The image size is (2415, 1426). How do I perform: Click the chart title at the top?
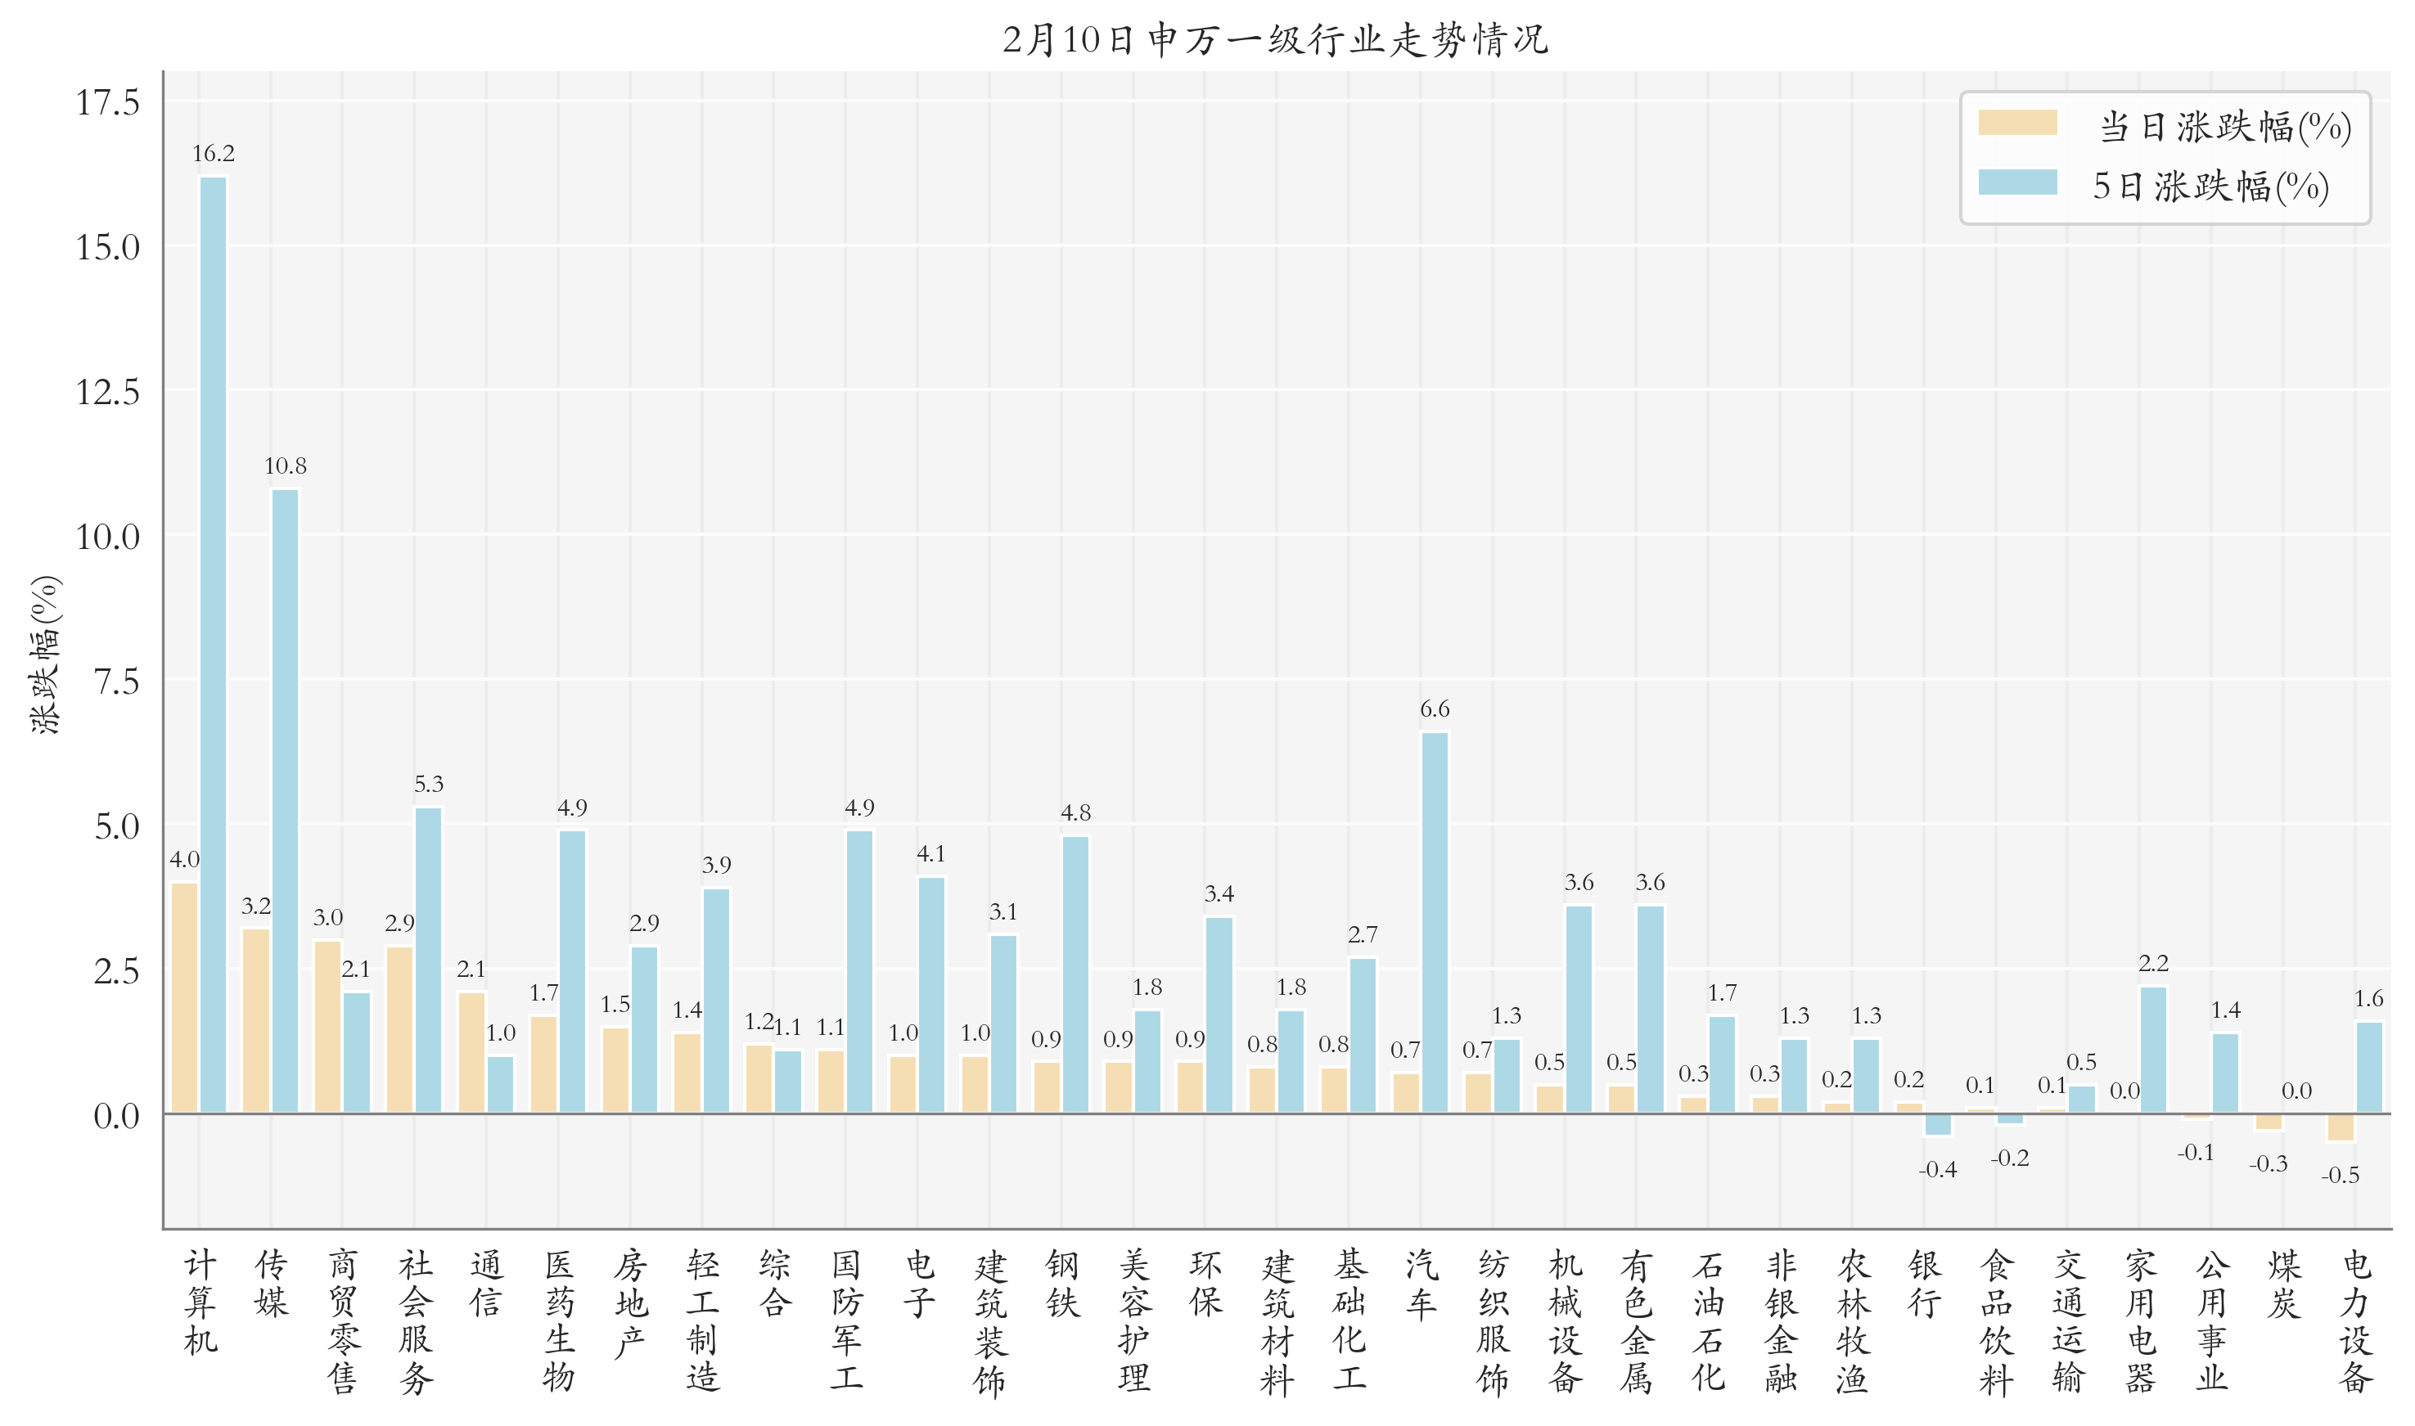tap(1274, 40)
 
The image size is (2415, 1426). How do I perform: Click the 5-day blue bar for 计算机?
tap(214, 644)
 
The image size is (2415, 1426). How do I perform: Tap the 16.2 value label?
tap(214, 154)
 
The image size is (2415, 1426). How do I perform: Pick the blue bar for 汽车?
tap(1434, 923)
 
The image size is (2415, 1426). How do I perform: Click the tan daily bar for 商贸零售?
tap(327, 1026)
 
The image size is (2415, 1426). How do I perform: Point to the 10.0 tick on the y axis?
tap(108, 538)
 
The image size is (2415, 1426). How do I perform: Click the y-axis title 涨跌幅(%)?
tap(45, 655)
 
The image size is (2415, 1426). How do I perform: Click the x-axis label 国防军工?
tap(847, 1321)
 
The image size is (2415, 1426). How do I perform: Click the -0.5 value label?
tap(2340, 1175)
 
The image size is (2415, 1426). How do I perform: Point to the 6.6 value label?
tap(1434, 709)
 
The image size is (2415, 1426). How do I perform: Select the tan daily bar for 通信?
tap(471, 1052)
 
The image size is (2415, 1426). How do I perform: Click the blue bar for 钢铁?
tap(1075, 974)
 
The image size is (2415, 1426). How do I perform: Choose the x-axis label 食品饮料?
tap(1996, 1321)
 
